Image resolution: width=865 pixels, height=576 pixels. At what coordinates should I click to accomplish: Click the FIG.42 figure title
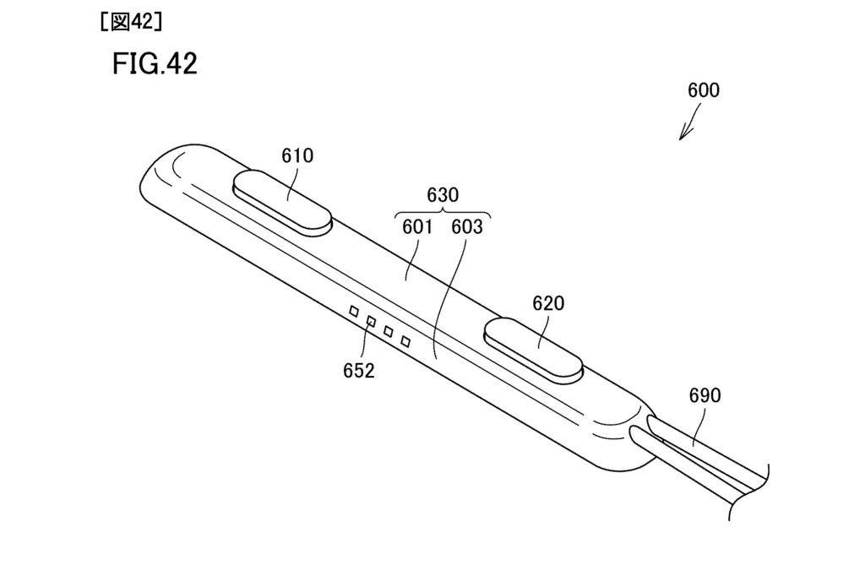tap(155, 63)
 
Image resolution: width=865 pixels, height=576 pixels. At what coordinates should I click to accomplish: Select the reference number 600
tap(704, 90)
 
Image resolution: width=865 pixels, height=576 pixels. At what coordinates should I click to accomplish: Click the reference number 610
tap(297, 155)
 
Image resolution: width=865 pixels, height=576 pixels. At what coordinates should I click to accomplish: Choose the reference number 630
tap(443, 195)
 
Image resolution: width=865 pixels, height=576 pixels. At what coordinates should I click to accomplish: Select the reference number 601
tap(417, 226)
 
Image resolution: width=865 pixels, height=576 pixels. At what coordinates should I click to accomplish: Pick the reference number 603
tap(466, 226)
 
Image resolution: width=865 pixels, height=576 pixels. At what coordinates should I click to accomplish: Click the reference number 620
tap(548, 303)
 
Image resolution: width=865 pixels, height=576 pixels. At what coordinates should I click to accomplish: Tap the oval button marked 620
tap(533, 350)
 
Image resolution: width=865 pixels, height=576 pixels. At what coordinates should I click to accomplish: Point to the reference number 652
tap(358, 370)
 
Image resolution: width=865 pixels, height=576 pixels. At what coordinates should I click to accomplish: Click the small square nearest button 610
tap(354, 312)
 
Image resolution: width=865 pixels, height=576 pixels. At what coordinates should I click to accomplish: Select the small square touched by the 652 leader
tap(372, 322)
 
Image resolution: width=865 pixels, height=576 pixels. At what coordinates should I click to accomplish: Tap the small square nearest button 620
tap(405, 341)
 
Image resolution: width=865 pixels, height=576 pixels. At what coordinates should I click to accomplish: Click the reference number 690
tap(705, 395)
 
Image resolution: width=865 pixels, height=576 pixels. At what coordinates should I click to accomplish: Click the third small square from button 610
tap(389, 332)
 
